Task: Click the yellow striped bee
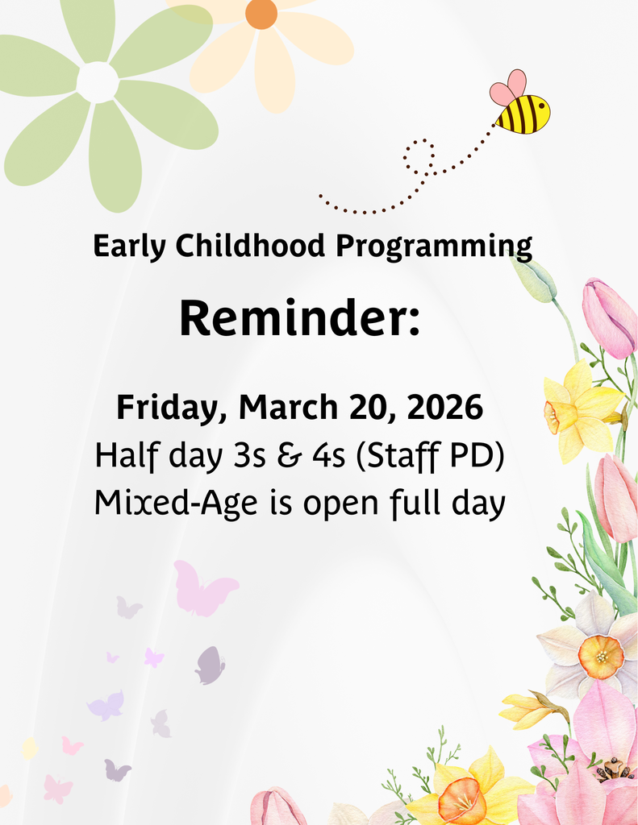click(523, 114)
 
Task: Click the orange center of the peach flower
click(261, 14)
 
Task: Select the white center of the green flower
click(98, 81)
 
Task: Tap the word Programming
click(434, 247)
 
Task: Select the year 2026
click(444, 408)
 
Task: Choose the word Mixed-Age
click(175, 504)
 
